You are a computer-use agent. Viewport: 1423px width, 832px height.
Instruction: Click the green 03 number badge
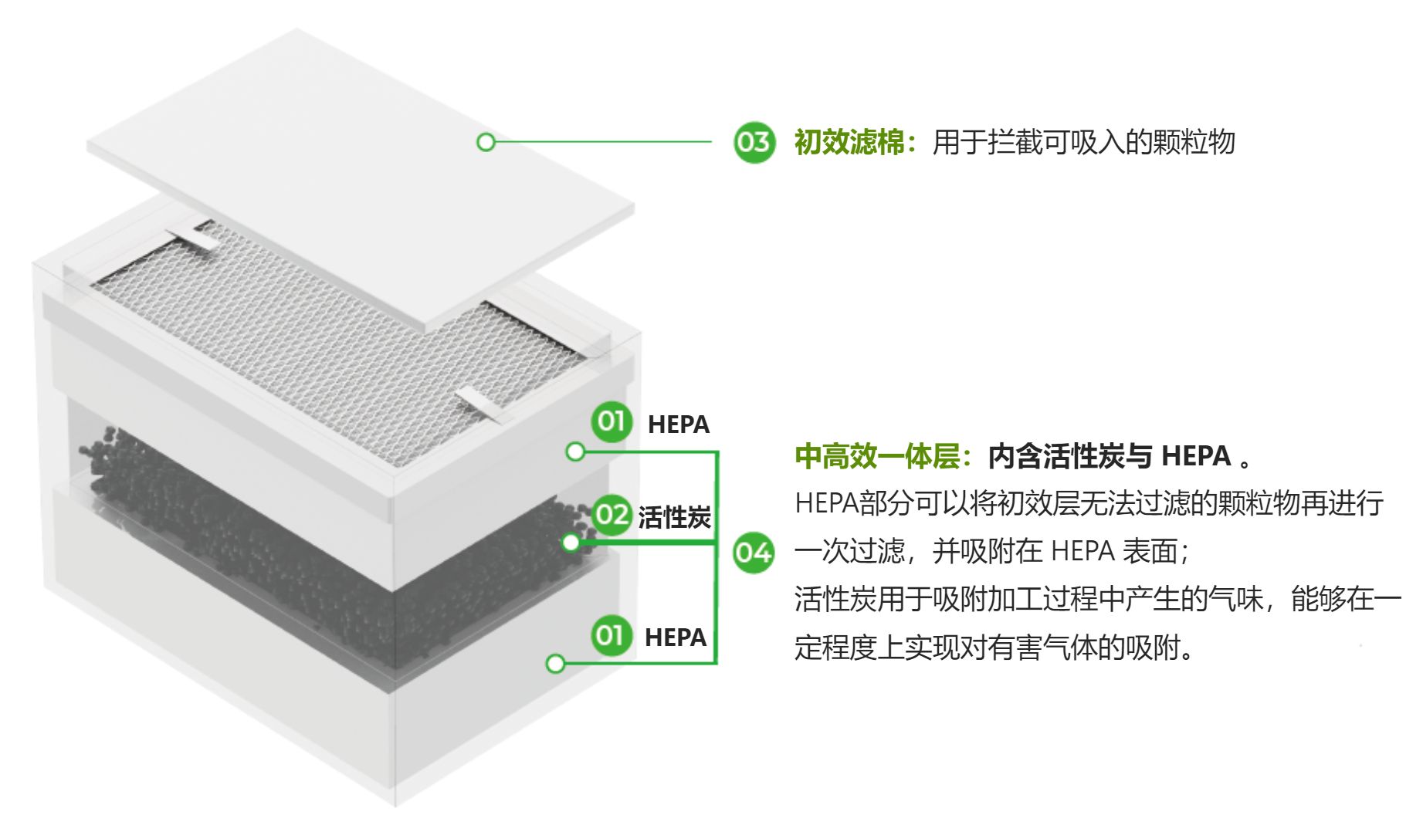(753, 142)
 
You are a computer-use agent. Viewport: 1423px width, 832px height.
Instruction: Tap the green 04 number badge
(753, 553)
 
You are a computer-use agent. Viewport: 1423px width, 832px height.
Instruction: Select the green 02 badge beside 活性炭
(612, 514)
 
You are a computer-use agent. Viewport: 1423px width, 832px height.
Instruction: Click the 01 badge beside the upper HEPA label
(612, 421)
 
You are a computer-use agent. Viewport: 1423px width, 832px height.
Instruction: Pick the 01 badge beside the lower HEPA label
(612, 635)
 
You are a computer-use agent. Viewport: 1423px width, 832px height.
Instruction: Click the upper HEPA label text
(679, 424)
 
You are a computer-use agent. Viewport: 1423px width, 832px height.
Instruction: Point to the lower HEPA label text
(676, 638)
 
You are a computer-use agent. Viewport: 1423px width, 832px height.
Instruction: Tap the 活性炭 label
(674, 517)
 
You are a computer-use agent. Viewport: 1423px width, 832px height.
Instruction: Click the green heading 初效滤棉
(849, 143)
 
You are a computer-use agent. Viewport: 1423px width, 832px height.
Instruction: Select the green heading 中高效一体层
(877, 456)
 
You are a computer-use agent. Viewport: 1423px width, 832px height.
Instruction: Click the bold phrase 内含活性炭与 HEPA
(1110, 456)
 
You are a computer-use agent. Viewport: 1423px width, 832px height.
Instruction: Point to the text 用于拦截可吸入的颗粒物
(1084, 143)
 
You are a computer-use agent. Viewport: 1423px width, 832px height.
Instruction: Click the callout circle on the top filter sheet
(486, 142)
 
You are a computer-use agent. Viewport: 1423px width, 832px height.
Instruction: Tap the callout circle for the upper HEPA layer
(575, 452)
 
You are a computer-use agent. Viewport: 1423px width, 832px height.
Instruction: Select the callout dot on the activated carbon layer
(571, 543)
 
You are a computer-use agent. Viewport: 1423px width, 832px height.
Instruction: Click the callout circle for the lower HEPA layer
(555, 664)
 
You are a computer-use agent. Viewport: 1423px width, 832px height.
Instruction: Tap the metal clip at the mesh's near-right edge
(483, 405)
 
